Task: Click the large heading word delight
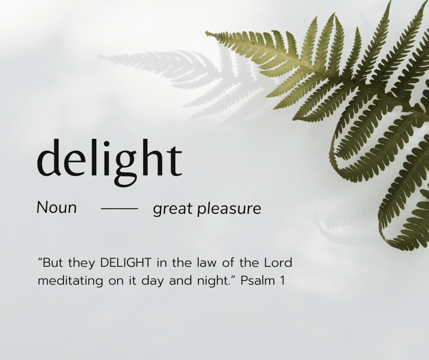pyautogui.click(x=109, y=158)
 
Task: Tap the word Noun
pyautogui.click(x=57, y=208)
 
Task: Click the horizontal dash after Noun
pyautogui.click(x=119, y=209)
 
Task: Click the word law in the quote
pyautogui.click(x=203, y=263)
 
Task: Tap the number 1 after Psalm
pyautogui.click(x=283, y=280)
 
